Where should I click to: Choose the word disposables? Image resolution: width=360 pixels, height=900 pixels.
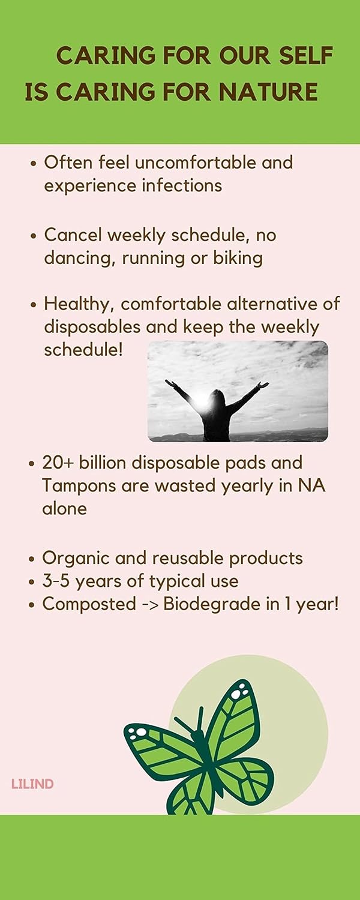92,327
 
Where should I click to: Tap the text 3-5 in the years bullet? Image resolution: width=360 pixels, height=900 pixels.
56,581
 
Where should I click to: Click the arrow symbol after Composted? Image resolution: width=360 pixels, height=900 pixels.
148,604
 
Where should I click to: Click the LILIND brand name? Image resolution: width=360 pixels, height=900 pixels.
32,784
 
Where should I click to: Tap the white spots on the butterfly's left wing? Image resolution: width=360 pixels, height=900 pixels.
140,731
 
